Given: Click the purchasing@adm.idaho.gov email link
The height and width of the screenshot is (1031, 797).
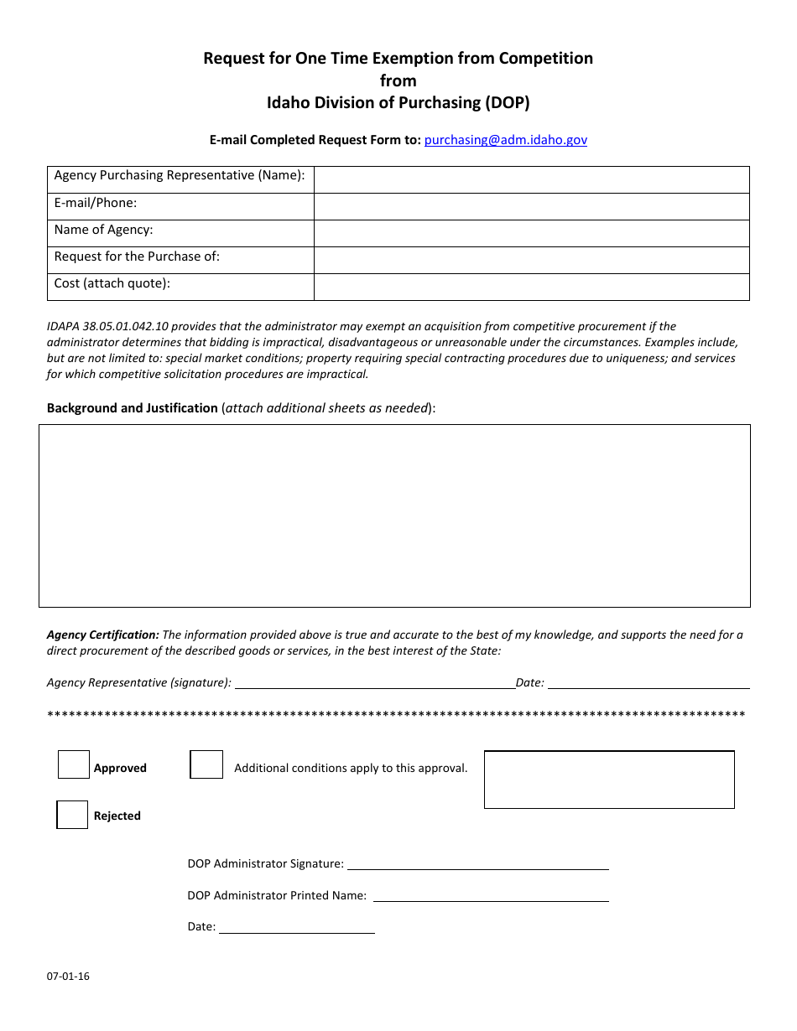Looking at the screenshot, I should click(x=505, y=140).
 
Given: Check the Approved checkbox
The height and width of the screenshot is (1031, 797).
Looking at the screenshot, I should click(x=74, y=764).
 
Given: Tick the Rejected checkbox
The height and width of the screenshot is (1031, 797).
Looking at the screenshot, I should click(x=72, y=815).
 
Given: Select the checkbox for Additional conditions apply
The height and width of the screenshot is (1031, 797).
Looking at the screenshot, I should click(x=206, y=764).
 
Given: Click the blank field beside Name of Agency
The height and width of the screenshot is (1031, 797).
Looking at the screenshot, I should click(x=531, y=233).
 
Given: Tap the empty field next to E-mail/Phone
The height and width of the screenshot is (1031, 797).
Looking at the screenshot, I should click(x=531, y=206).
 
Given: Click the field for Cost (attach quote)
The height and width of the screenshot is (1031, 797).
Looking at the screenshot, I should click(x=531, y=287).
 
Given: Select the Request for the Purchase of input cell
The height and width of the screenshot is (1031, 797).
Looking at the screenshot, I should click(x=531, y=260).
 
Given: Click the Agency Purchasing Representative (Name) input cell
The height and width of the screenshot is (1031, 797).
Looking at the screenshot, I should click(x=531, y=179).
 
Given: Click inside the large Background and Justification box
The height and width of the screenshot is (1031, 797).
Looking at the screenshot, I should click(x=394, y=515).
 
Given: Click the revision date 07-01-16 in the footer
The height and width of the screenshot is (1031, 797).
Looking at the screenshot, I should click(x=68, y=977).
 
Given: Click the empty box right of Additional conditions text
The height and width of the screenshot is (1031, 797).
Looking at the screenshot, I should click(x=609, y=780).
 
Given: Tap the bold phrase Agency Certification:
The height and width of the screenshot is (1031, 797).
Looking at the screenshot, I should click(x=102, y=635).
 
